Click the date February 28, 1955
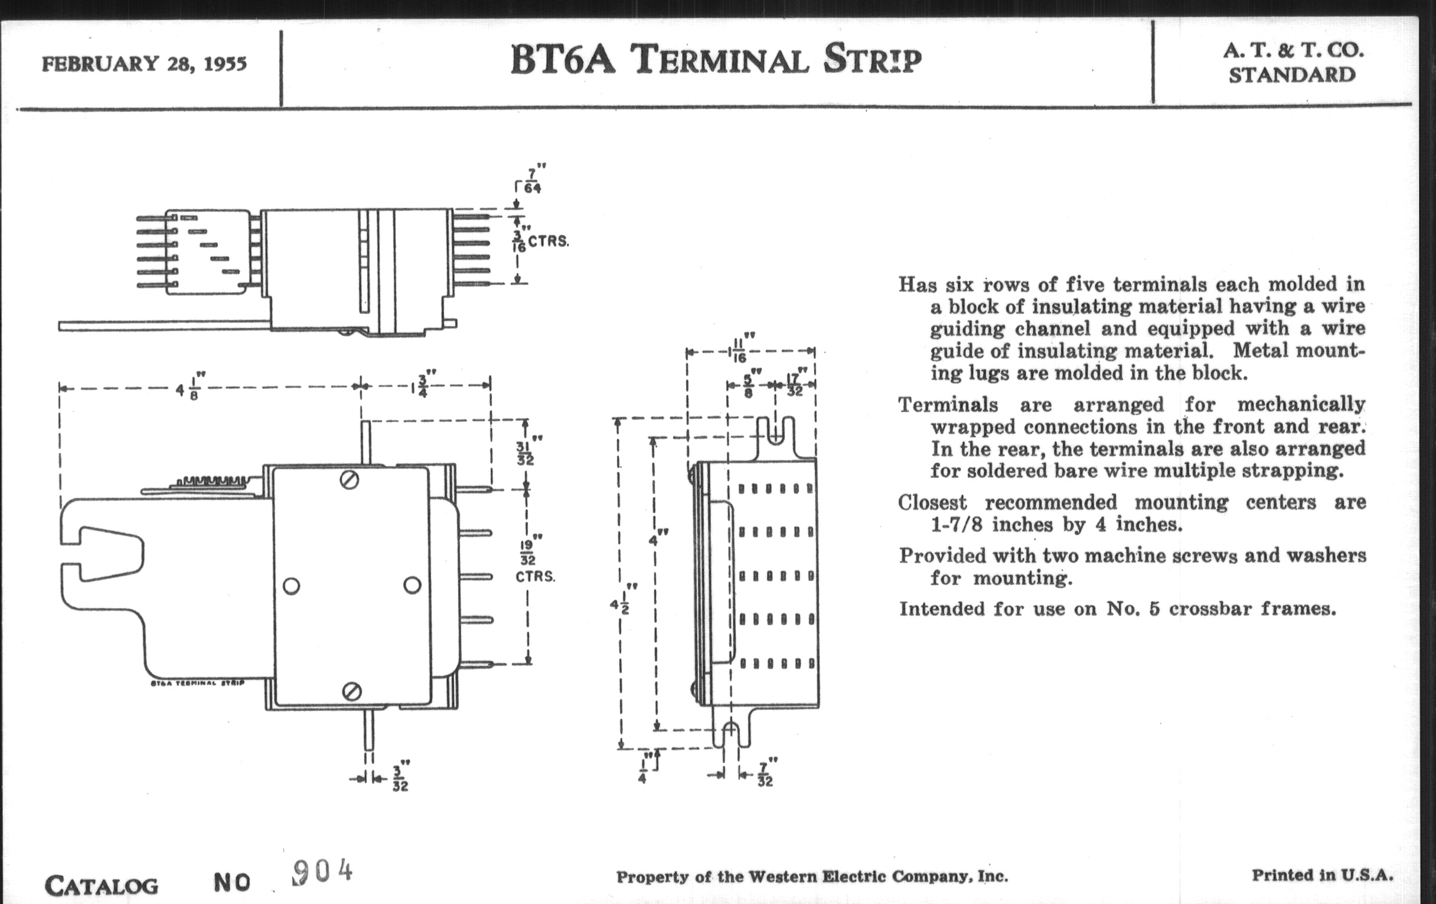pos(143,64)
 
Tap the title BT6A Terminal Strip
pos(716,60)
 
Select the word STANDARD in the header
pos(1292,76)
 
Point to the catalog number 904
pos(322,872)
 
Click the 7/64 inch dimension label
pos(532,180)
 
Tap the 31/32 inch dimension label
pos(526,453)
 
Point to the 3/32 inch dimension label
pos(400,778)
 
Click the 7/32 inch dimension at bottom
pos(765,775)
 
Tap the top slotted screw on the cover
pos(350,479)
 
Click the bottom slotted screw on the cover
pos(352,691)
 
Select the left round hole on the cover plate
pos(291,586)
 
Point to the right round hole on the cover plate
pos(412,586)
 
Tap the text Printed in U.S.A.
pos(1322,876)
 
